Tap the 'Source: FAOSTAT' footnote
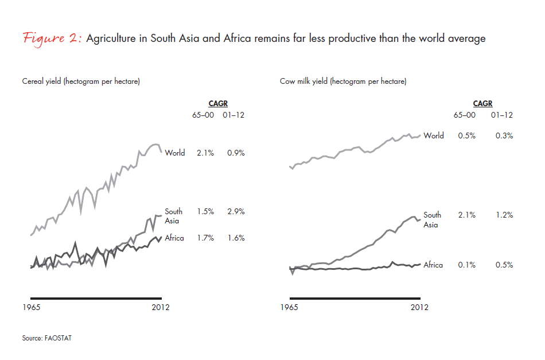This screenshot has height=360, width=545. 47,338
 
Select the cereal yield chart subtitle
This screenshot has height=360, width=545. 81,82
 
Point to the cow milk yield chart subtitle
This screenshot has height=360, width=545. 343,82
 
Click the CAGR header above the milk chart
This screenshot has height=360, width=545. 482,104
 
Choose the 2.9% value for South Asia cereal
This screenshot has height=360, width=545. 235,212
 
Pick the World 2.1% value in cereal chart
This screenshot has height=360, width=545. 205,153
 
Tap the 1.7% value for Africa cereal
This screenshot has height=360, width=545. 205,238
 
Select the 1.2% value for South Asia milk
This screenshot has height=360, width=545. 504,215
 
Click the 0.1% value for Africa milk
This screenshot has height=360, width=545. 466,265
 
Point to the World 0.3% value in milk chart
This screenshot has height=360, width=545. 504,136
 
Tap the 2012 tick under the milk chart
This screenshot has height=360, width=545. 419,307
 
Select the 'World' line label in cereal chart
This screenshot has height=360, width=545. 174,153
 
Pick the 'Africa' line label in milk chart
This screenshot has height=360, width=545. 433,265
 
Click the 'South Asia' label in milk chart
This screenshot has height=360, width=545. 432,220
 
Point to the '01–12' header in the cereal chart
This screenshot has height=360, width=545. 235,115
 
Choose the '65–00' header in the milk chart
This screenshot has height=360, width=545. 465,115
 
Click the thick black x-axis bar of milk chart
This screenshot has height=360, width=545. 355,298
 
